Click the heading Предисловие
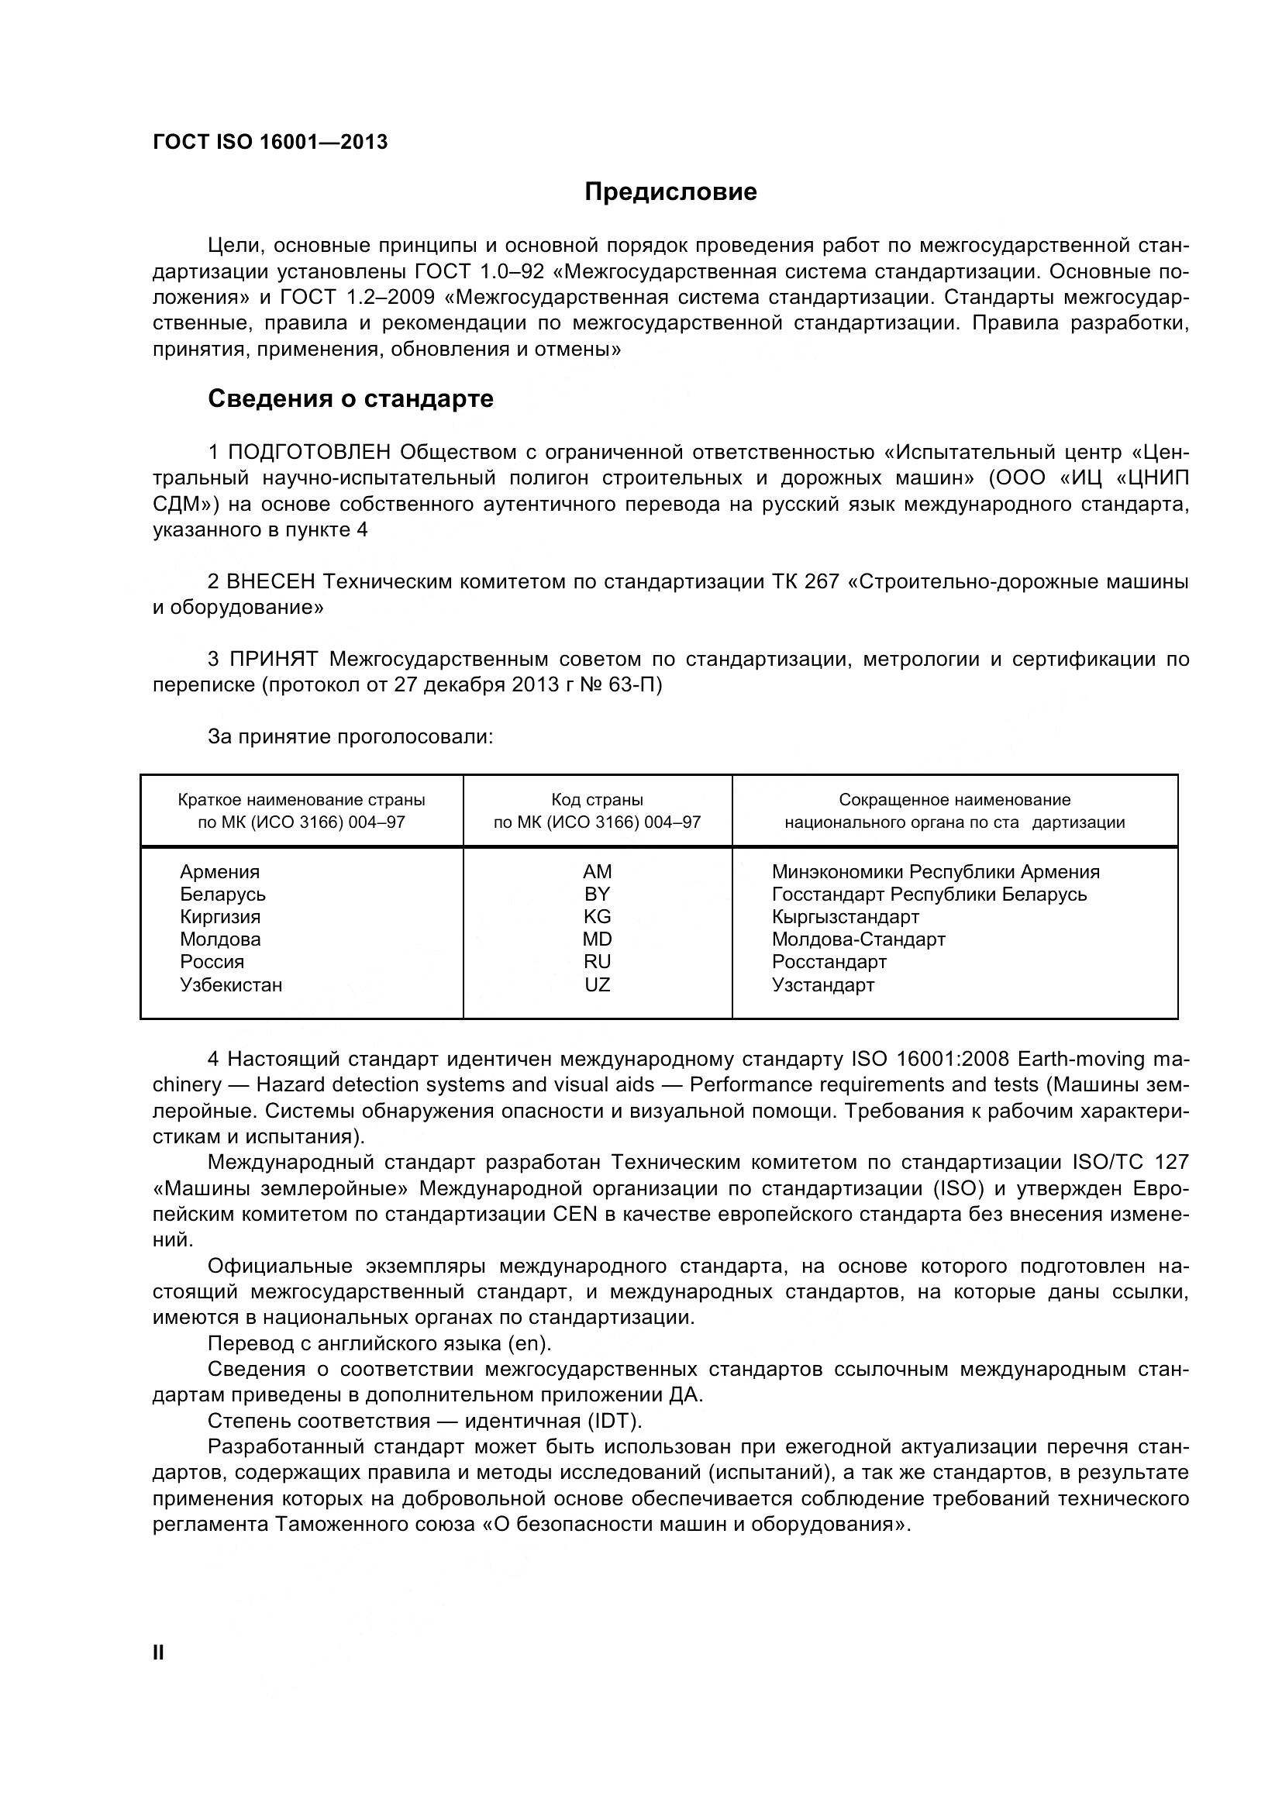tap(670, 192)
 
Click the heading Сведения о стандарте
tap(350, 398)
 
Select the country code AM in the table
tap(597, 872)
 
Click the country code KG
tap(597, 917)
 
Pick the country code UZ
tap(597, 984)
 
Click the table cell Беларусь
tap(222, 894)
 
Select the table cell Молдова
tap(220, 939)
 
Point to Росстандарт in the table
tap(829, 962)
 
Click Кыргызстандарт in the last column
tap(845, 917)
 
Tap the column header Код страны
tap(597, 800)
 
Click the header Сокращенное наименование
tap(953, 800)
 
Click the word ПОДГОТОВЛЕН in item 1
tap(308, 453)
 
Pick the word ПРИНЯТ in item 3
tap(273, 660)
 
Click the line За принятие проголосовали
tap(350, 736)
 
